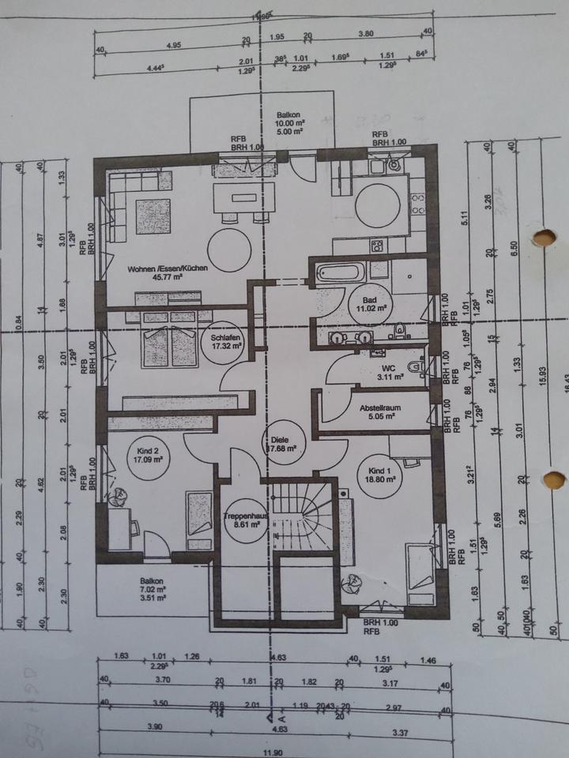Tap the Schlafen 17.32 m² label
226,341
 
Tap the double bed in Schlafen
168,346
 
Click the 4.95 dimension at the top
173,44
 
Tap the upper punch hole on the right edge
544,238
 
